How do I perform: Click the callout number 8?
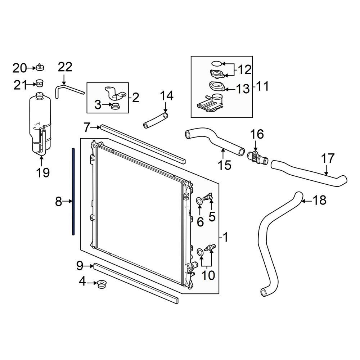pyautogui.click(x=59, y=202)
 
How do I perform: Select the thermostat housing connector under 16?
pyautogui.click(x=257, y=157)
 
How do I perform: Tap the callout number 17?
pyautogui.click(x=328, y=158)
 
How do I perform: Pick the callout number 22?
pyautogui.click(x=65, y=67)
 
